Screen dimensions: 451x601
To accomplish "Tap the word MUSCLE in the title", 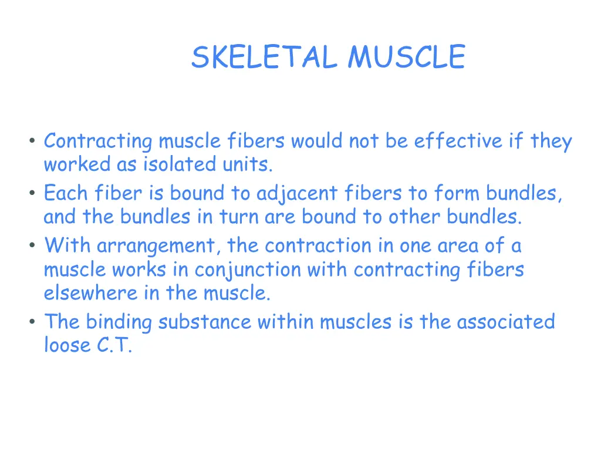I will click(406, 58).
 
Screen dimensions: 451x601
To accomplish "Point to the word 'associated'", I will click(505, 322).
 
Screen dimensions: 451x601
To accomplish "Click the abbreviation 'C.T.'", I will click(114, 346).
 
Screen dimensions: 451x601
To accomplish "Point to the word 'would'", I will click(317, 142).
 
